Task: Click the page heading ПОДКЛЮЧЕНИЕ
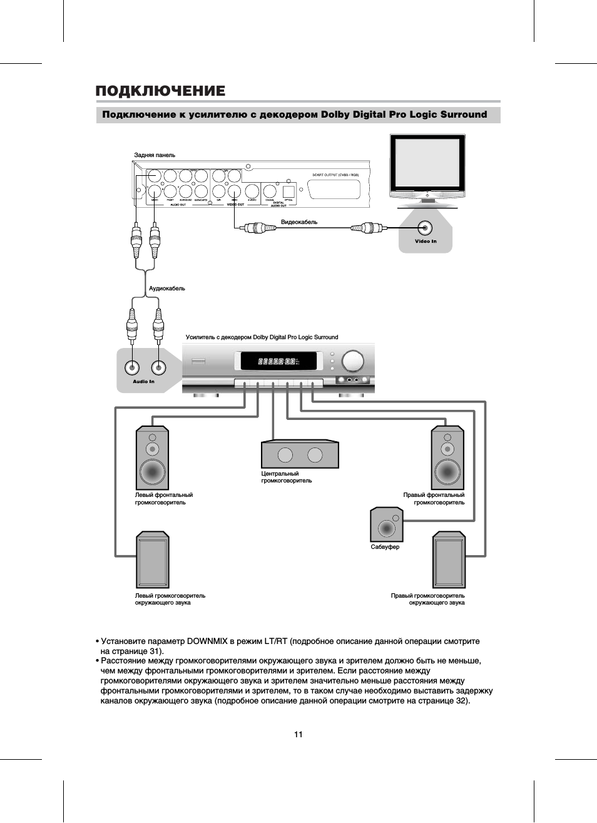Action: tap(160, 91)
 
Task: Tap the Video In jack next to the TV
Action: tap(426, 227)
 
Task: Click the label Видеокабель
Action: tap(299, 222)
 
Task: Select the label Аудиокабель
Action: tap(166, 289)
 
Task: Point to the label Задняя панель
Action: tap(155, 155)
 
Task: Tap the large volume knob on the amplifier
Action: tap(352, 360)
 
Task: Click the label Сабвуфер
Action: tap(385, 547)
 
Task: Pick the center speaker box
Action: tap(300, 454)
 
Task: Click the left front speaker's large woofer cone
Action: tap(152, 470)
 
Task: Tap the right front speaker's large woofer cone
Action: tap(448, 470)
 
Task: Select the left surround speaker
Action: tap(152, 561)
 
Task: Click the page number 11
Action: tap(298, 734)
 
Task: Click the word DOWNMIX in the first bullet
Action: tap(208, 642)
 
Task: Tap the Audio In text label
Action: tap(143, 381)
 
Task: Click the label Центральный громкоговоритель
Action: tap(286, 478)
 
